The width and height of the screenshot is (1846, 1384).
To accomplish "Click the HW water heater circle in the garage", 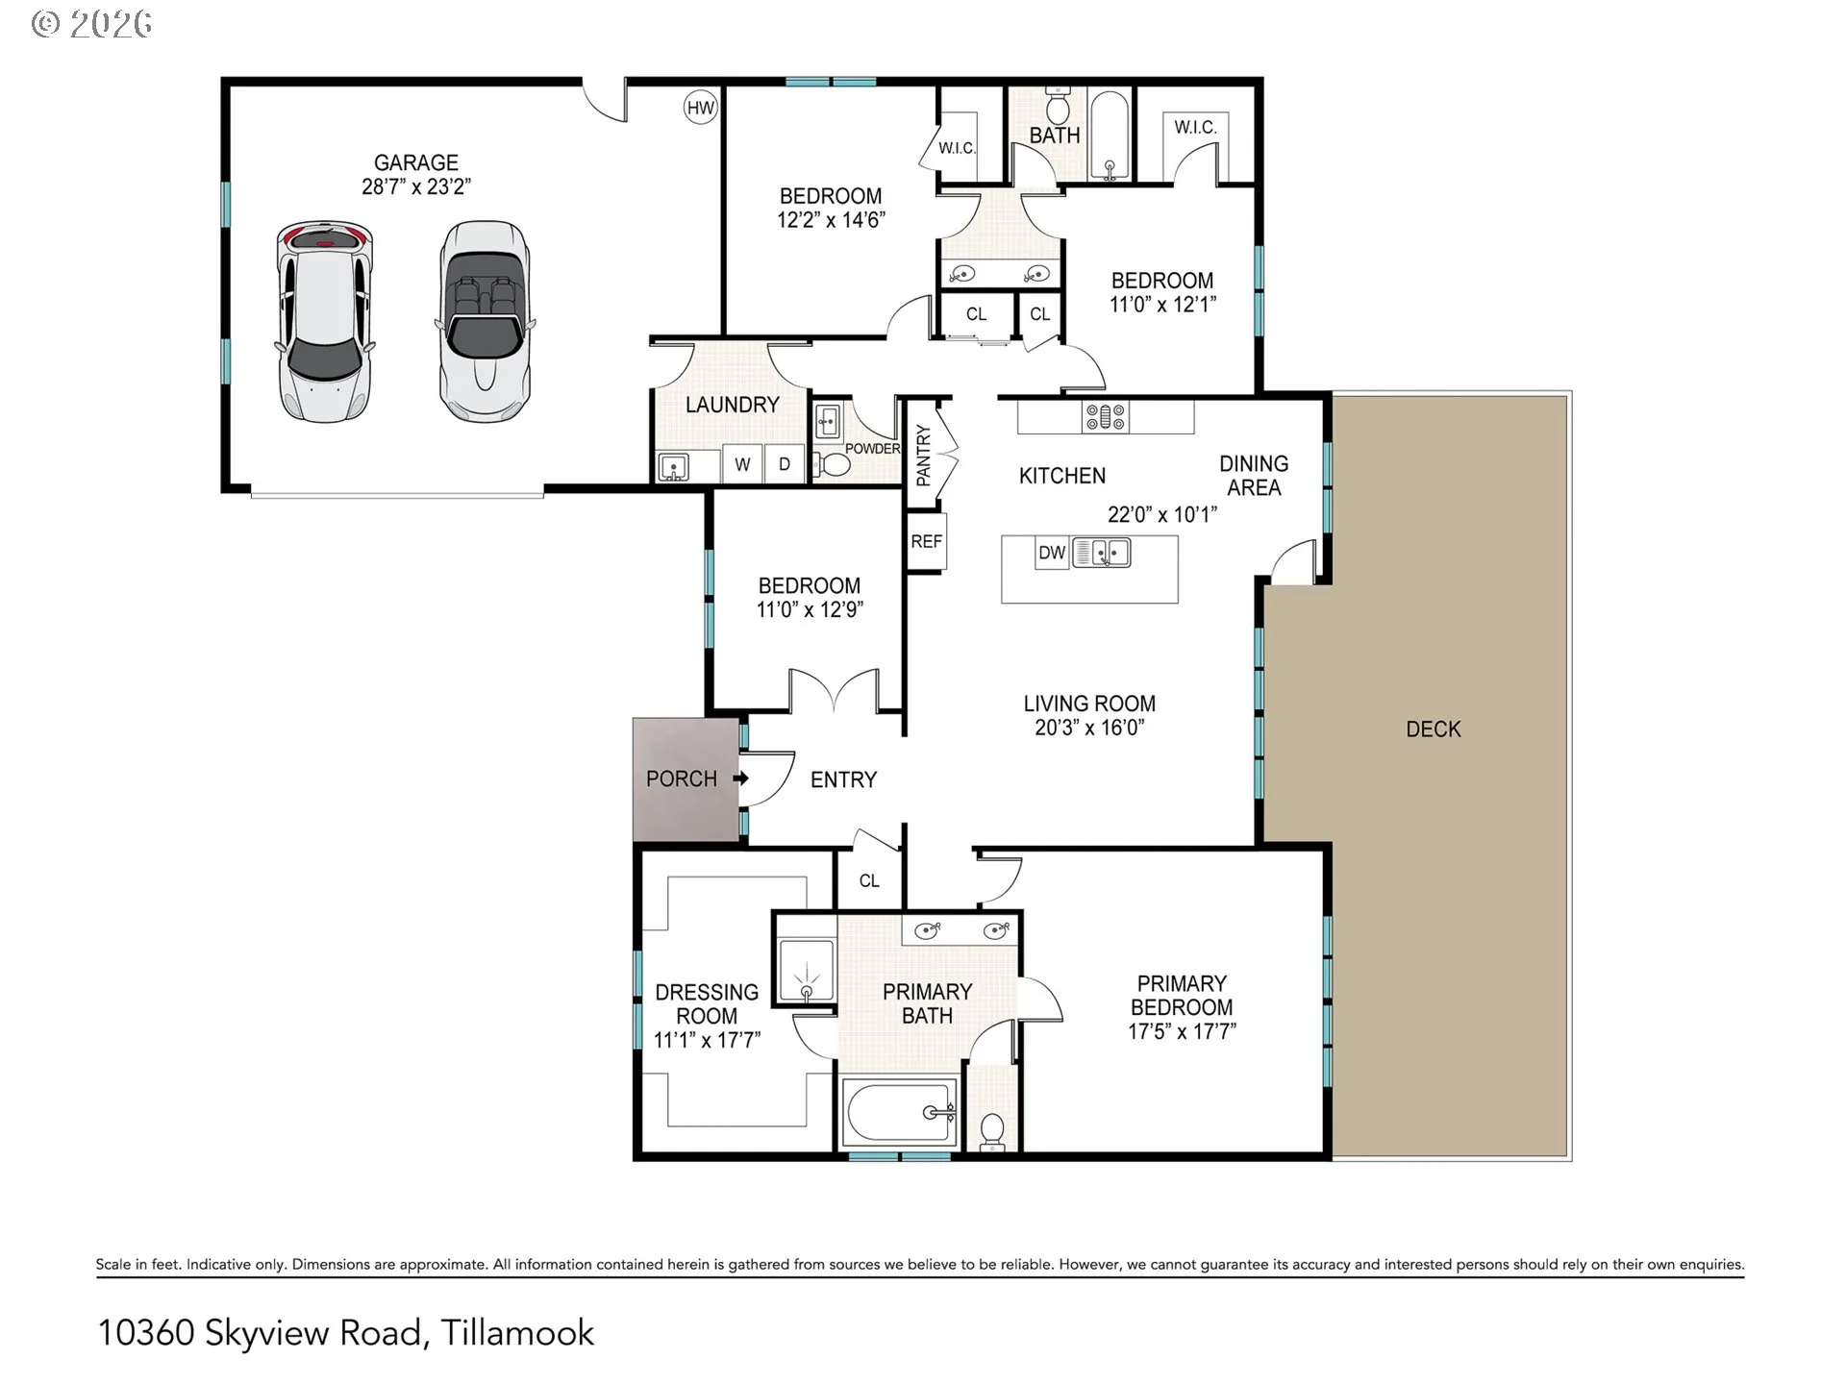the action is tap(701, 108).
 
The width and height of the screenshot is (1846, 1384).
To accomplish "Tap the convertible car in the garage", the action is tap(486, 322).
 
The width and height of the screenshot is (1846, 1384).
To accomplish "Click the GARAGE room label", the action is tap(416, 162).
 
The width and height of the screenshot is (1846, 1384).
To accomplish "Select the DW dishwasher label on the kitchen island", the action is tap(1052, 553).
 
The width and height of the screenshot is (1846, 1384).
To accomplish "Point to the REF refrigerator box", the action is tap(926, 541).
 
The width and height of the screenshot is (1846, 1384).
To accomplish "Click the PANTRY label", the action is tap(923, 456).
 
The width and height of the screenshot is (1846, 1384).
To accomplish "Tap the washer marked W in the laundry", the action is tap(742, 464).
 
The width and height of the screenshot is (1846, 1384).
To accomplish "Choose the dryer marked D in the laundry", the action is tap(785, 464).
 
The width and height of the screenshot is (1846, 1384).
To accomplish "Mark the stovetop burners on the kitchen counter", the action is tap(1106, 417).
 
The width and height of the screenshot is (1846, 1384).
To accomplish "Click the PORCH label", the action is tap(682, 778).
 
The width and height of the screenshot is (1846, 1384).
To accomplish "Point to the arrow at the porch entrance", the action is tap(741, 778).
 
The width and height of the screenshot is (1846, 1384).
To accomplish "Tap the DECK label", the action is tap(1434, 729).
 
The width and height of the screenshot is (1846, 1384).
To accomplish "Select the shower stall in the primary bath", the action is tap(806, 971).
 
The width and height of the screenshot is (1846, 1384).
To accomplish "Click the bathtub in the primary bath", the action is tap(900, 1113).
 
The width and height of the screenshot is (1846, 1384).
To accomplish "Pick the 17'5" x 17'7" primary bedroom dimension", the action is tap(1182, 1031).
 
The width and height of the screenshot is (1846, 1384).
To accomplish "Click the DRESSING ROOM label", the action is tap(707, 1003).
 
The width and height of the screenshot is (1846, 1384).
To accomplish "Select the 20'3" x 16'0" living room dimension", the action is tap(1089, 728).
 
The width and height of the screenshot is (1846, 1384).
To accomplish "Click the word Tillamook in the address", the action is tap(517, 1333).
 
